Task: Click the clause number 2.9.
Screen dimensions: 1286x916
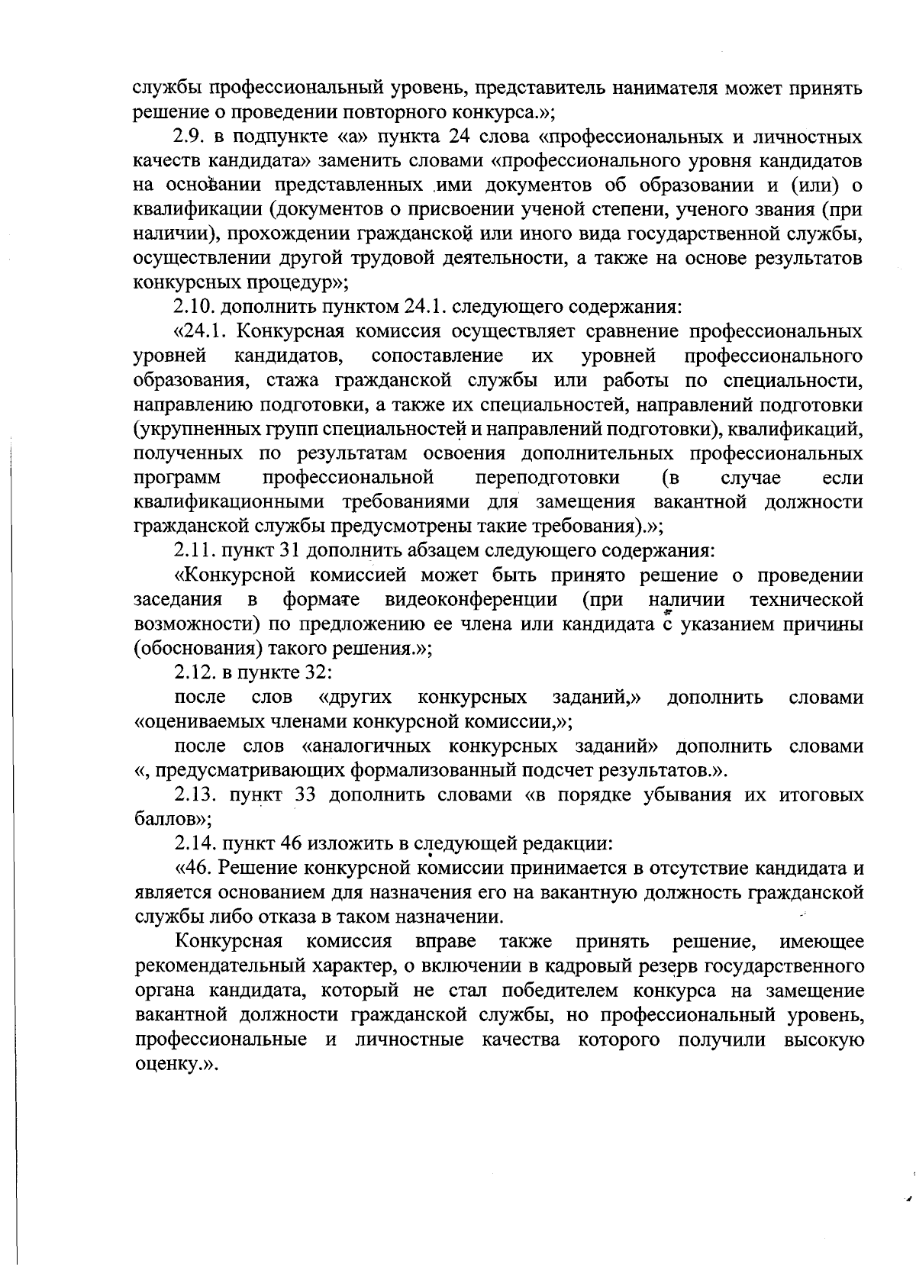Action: [x=188, y=137]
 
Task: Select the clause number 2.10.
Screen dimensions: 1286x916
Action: [x=193, y=308]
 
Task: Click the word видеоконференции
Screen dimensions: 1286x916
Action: [x=471, y=600]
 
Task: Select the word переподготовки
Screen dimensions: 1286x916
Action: [x=547, y=479]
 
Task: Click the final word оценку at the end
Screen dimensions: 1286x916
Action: [x=166, y=1064]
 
